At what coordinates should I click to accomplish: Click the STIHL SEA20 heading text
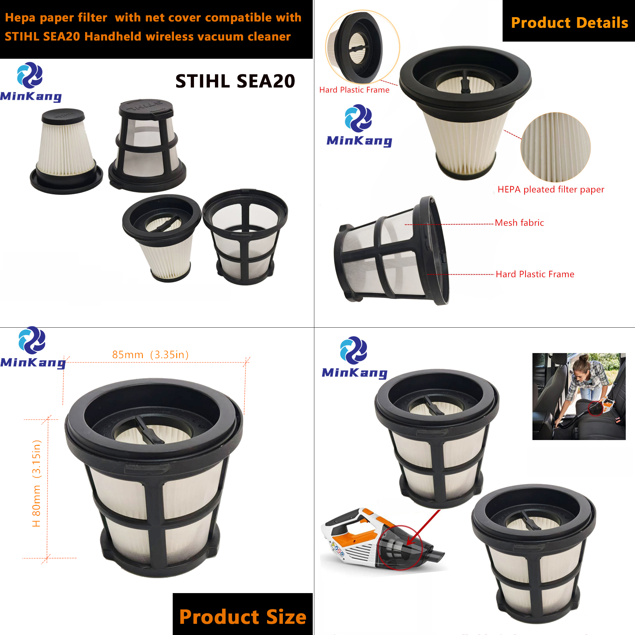pos(235,81)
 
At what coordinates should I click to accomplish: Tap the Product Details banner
pos(569,22)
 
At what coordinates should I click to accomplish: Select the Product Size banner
pos(243,616)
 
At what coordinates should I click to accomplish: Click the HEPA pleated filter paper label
pos(551,189)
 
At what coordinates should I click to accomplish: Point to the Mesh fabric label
pos(519,223)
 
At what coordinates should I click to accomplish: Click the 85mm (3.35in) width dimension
pos(150,354)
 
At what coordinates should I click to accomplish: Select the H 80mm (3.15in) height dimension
pos(37,483)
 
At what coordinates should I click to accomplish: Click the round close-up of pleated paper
pos(555,147)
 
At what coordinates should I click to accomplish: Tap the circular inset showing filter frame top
pos(362,47)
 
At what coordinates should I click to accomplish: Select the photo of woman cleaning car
pos(579,396)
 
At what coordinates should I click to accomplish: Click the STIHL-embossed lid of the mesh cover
pos(146,108)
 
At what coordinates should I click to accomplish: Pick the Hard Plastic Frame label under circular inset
pos(354,90)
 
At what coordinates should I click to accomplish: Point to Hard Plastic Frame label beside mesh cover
pos(535,274)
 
